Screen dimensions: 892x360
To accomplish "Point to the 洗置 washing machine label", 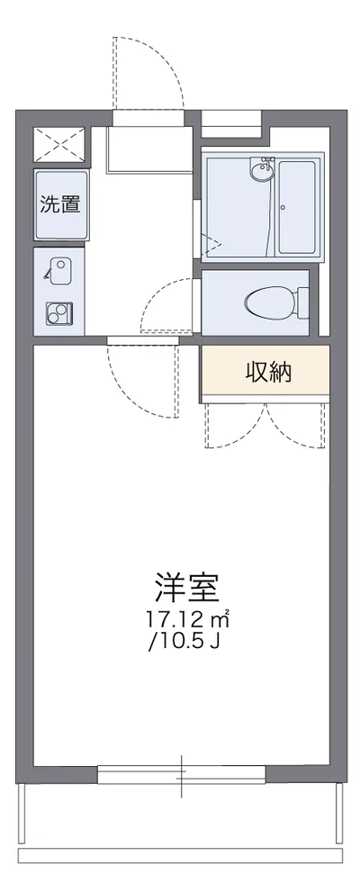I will pyautogui.click(x=60, y=204).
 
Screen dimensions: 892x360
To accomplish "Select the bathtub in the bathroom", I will pyautogui.click(x=296, y=207).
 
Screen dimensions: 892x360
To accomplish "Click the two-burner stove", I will pyautogui.click(x=59, y=313).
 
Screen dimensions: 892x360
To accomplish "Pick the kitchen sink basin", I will pyautogui.click(x=59, y=268).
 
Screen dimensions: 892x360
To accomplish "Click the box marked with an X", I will pyautogui.click(x=59, y=144).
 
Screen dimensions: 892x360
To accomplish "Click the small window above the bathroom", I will pyautogui.click(x=230, y=119).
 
